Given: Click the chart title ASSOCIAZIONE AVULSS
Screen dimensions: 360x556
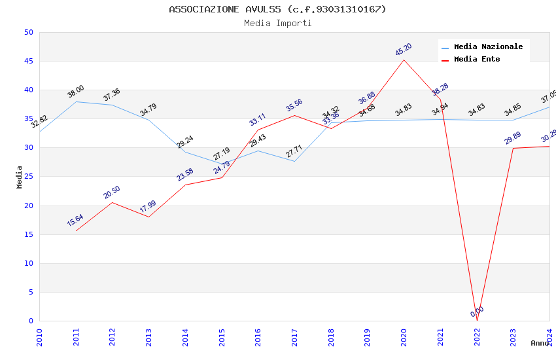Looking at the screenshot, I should pyautogui.click(x=277, y=9).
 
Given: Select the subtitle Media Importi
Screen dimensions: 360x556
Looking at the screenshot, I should pyautogui.click(x=277, y=24).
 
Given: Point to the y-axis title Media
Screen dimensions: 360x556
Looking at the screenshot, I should pyautogui.click(x=20, y=177).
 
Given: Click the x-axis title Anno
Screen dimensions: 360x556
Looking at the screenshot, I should pyautogui.click(x=540, y=343).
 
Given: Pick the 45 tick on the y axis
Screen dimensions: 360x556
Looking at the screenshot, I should pyautogui.click(x=28, y=62).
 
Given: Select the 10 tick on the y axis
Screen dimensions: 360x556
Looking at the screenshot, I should pyautogui.click(x=28, y=263).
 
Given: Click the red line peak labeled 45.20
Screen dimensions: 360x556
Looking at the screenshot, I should pyautogui.click(x=404, y=60).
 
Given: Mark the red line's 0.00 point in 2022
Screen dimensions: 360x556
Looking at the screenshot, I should pyautogui.click(x=477, y=321).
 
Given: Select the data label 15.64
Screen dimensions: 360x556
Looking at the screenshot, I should pyautogui.click(x=75, y=221).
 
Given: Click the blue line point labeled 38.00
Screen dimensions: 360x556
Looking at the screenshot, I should pyautogui.click(x=76, y=101).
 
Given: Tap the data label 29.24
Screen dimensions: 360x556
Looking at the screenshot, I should pyautogui.click(x=185, y=142).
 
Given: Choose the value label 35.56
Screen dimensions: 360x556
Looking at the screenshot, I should pyautogui.click(x=294, y=105).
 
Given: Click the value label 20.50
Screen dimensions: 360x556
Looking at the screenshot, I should pyautogui.click(x=112, y=192).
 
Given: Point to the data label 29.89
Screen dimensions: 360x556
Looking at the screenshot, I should pyautogui.click(x=513, y=138).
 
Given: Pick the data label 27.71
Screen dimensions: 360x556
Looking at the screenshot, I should pyautogui.click(x=294, y=152).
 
